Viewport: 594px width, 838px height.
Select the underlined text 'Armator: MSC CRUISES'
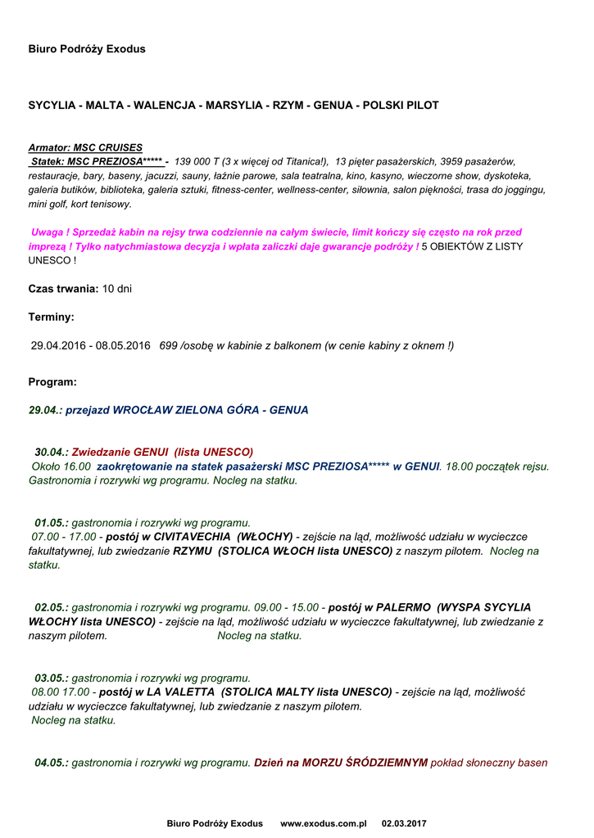85,148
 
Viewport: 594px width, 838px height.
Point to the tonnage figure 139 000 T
201,162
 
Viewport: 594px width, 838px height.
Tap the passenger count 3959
452,162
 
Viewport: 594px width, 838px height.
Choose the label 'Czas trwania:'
64,289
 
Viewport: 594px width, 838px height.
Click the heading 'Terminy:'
51,317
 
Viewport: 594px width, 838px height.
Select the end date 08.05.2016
125,345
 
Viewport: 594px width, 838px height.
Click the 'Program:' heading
52,382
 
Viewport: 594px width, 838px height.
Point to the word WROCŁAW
142,410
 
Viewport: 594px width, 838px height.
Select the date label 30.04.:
52,452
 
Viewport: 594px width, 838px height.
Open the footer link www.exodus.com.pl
323,823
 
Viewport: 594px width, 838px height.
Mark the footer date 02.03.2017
404,823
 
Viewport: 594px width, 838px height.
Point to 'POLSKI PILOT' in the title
401,106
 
